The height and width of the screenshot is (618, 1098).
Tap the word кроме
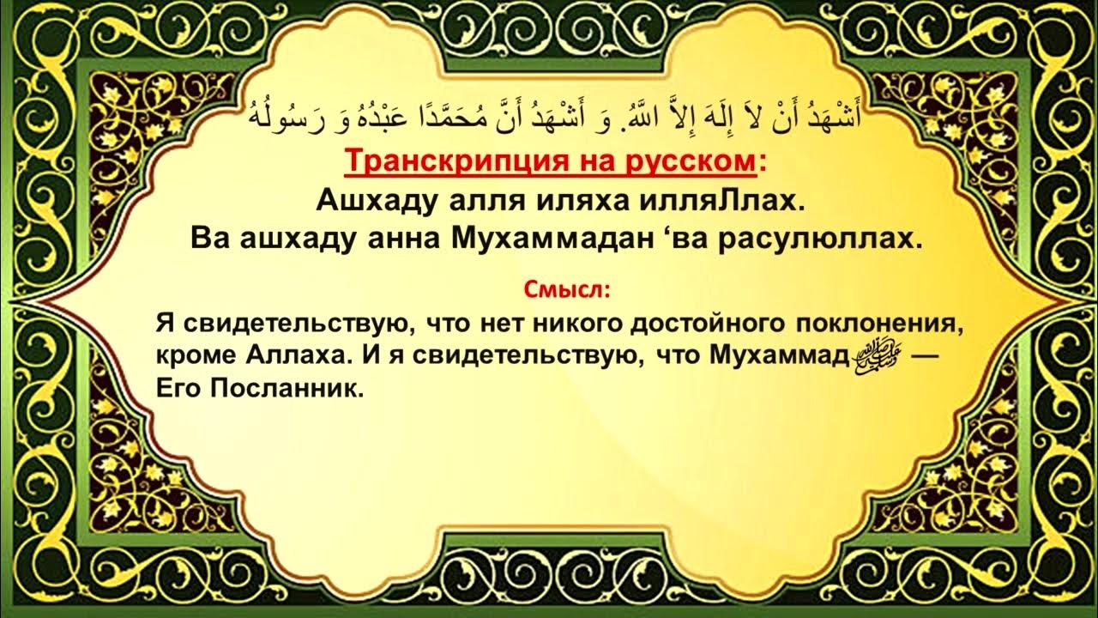pyautogui.click(x=193, y=356)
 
